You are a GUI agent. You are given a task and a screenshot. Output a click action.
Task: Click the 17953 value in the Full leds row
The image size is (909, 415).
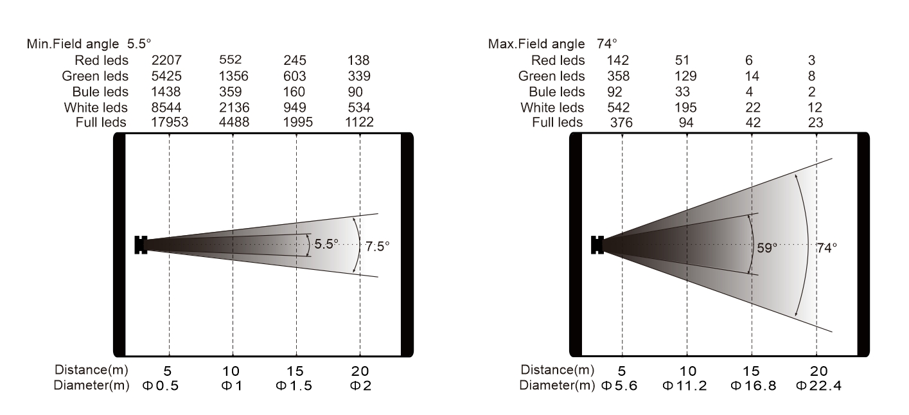point(170,122)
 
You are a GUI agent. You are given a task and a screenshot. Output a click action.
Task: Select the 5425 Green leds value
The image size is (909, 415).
point(166,76)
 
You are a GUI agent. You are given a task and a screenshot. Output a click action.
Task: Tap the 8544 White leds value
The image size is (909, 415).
point(166,107)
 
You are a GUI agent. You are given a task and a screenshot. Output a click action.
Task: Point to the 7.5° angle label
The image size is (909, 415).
point(377,246)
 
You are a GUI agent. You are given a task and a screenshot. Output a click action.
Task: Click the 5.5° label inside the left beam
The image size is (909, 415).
point(326,244)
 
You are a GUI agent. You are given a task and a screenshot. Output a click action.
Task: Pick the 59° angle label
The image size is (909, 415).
point(767,247)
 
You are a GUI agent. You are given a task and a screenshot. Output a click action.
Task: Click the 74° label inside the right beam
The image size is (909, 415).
point(827,247)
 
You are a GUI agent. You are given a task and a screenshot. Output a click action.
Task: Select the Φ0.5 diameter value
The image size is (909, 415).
point(161,385)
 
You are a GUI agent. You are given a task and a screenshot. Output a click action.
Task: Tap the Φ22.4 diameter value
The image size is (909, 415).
point(819,385)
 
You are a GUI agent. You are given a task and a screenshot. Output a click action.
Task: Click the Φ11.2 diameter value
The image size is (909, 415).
point(685,385)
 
